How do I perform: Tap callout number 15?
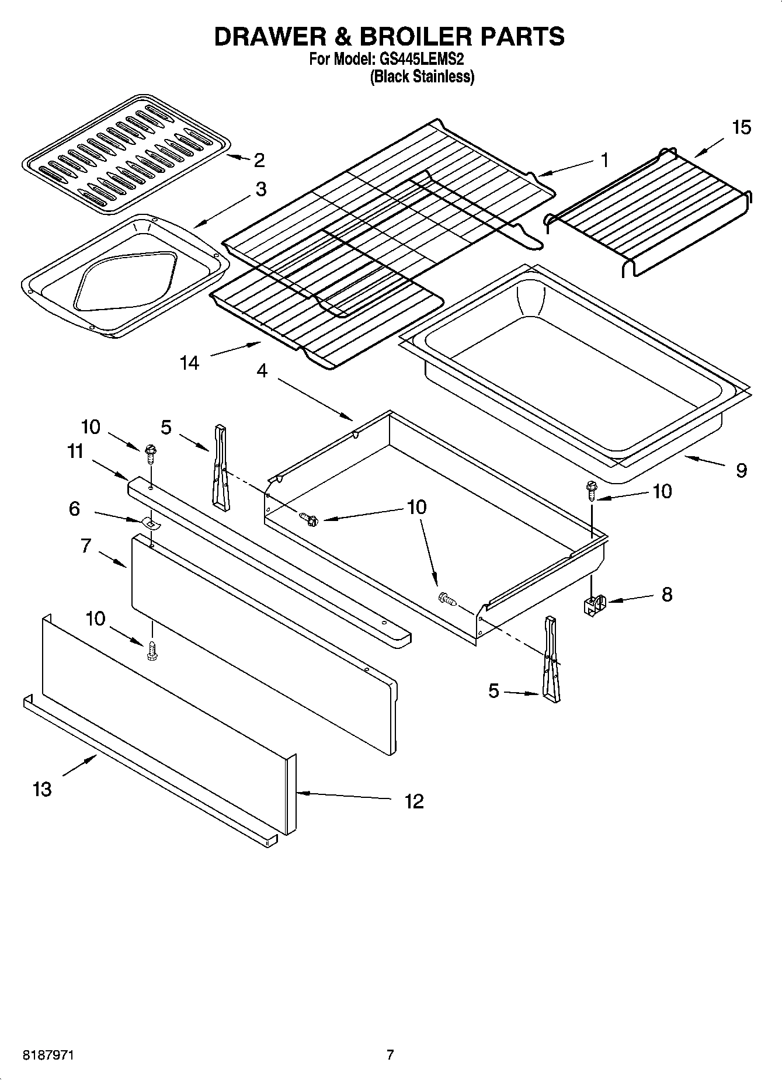[741, 127]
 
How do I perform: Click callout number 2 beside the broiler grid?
[259, 159]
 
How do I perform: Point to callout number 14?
[189, 363]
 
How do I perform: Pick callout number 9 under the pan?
[741, 470]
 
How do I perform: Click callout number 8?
[666, 595]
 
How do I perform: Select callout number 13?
[42, 790]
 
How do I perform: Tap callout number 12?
[413, 801]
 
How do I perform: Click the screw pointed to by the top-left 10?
[150, 452]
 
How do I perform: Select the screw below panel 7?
[152, 651]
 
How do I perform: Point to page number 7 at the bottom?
[390, 1055]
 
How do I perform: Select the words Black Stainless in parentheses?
[422, 77]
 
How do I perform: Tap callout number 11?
[75, 452]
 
